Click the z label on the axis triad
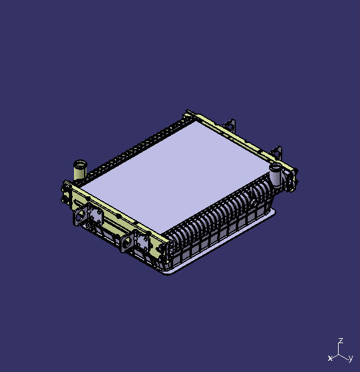[x=341, y=341]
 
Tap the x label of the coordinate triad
[x=330, y=358]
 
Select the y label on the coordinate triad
[x=351, y=358]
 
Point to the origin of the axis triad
[x=339, y=355]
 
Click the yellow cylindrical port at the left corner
[x=80, y=170]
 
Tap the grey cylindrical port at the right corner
[x=276, y=174]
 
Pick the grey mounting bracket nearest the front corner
[x=135, y=241]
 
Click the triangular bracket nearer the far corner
[x=230, y=125]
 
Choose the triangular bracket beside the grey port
[x=277, y=153]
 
